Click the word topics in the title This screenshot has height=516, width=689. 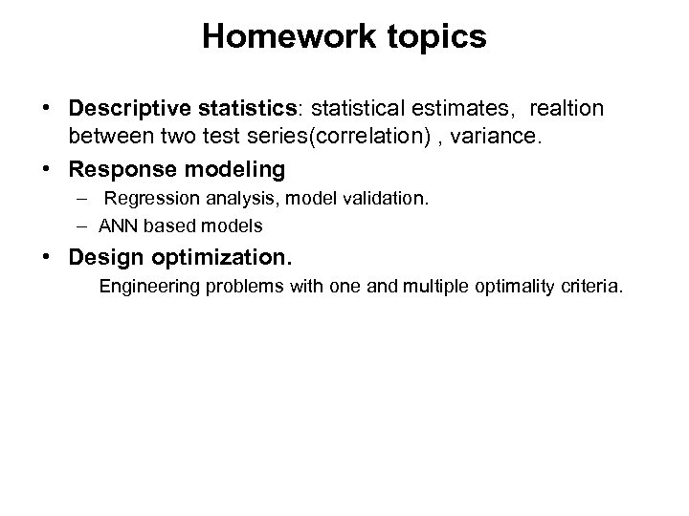tap(434, 37)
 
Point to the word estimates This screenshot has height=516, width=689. tap(453, 109)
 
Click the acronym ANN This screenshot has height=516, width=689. tap(116, 226)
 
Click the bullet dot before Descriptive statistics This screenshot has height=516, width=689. tap(48, 109)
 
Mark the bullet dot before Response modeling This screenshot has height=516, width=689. tap(48, 169)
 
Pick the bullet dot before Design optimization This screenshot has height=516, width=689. tap(48, 258)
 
